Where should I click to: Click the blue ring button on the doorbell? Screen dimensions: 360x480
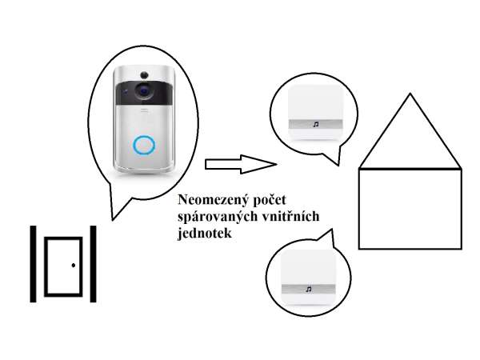144,145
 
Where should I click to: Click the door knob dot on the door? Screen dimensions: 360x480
73,265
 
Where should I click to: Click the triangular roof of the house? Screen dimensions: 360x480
410,140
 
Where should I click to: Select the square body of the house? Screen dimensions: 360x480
410,208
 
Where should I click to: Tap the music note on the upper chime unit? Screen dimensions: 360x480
315,125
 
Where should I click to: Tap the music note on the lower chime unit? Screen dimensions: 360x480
307,288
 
